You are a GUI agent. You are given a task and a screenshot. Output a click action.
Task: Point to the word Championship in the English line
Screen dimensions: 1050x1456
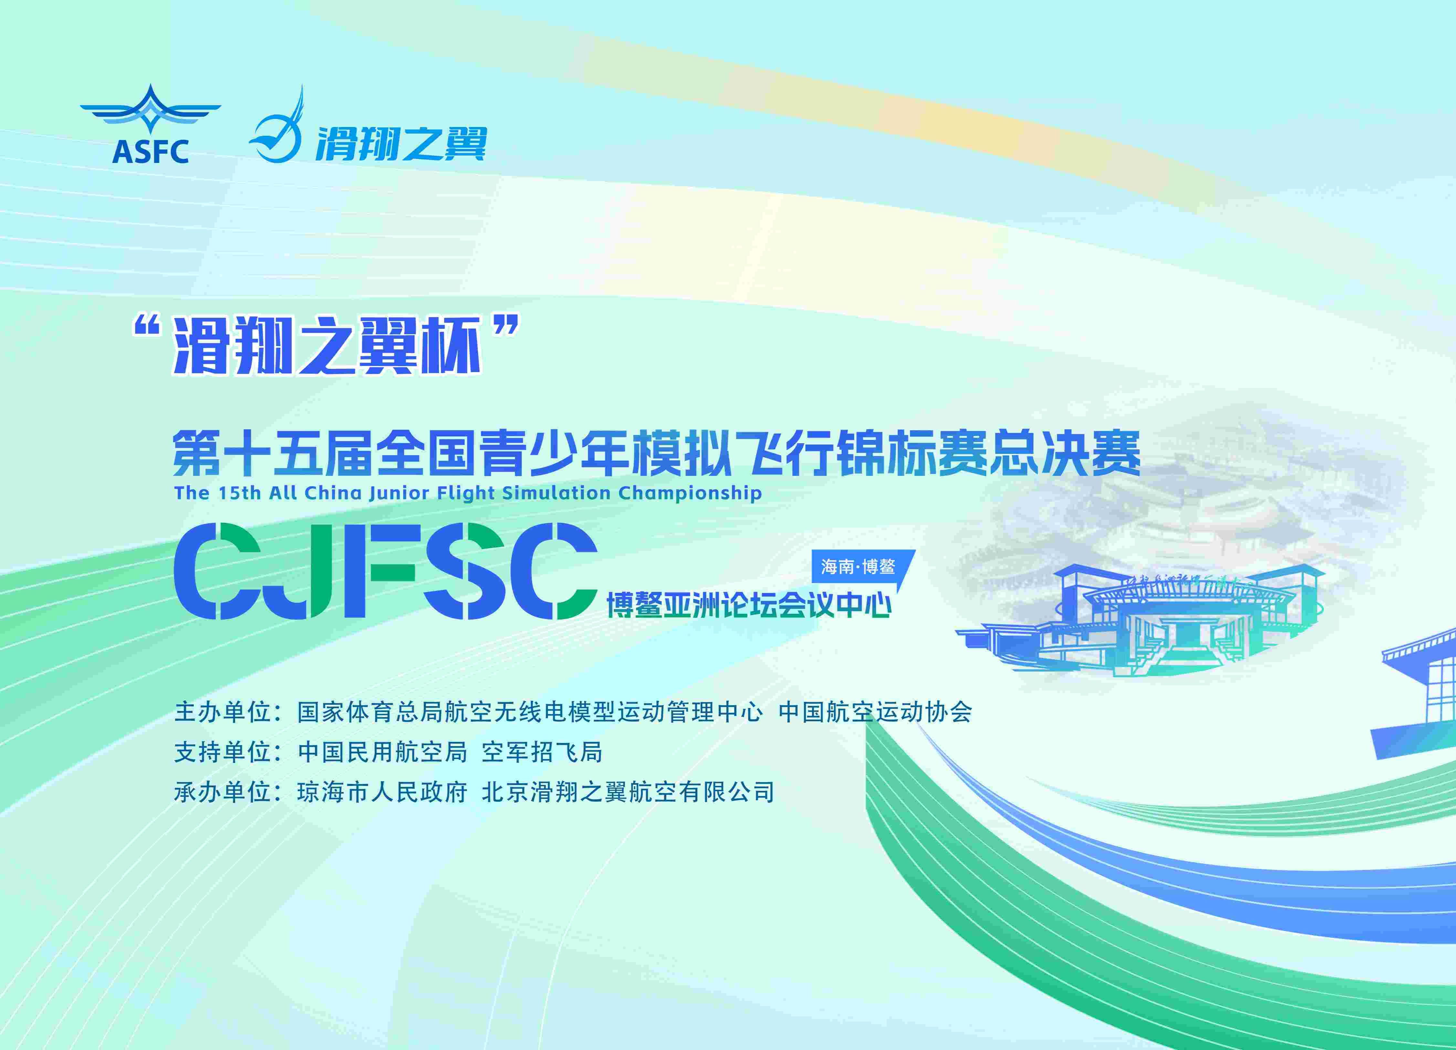(x=690, y=493)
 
